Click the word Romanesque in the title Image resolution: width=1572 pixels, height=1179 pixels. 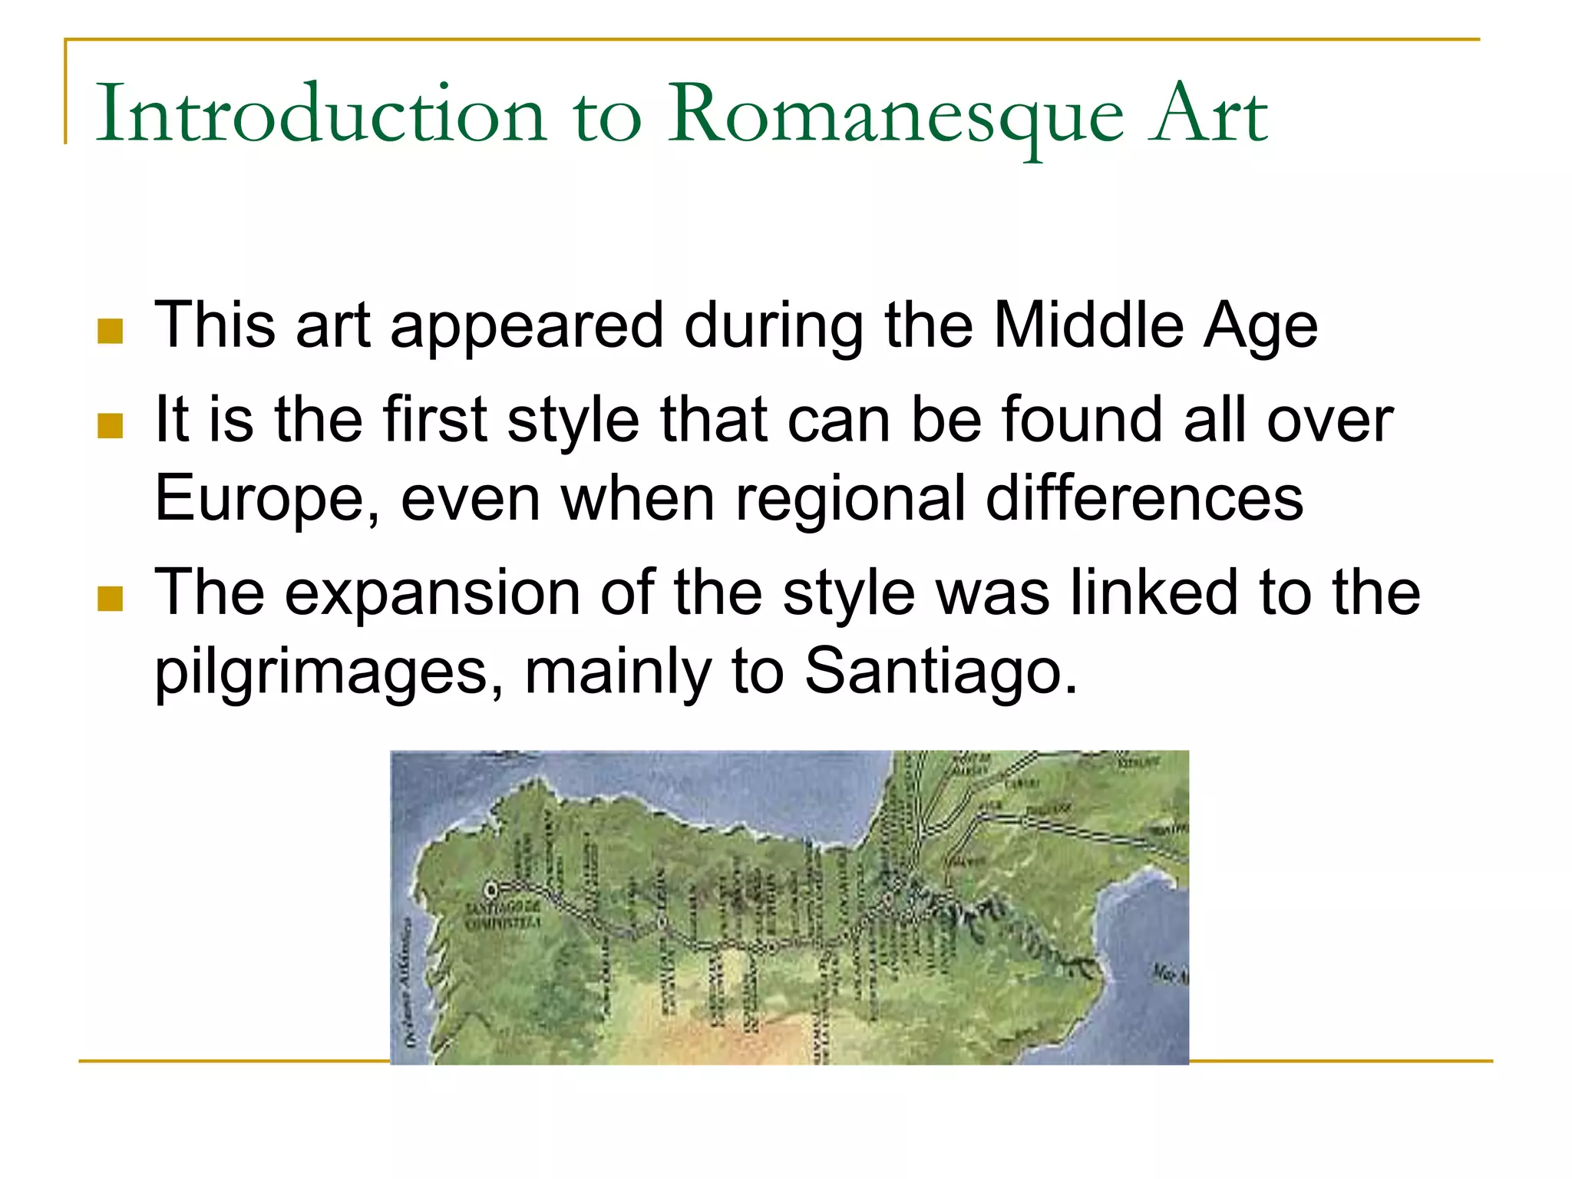point(895,115)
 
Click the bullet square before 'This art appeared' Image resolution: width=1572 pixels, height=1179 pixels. point(111,331)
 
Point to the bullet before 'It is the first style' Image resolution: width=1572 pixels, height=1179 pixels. point(111,425)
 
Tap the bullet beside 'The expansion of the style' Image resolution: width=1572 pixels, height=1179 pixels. point(111,599)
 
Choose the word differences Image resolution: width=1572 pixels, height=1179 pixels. point(1144,497)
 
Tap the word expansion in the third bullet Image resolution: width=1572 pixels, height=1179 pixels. point(433,594)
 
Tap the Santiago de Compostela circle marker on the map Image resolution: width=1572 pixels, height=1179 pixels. point(491,890)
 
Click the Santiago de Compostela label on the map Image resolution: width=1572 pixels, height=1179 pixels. point(503,916)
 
